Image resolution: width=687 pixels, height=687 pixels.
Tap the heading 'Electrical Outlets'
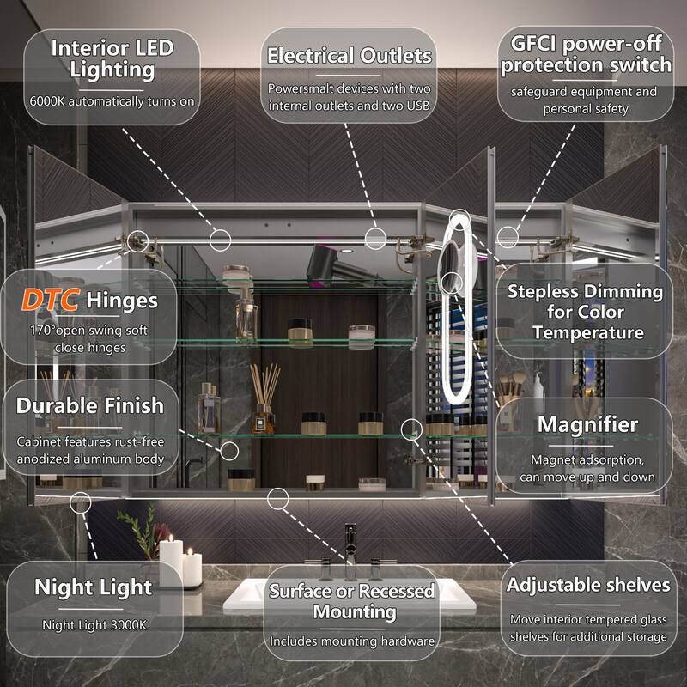tap(350, 56)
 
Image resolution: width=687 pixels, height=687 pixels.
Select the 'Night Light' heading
tap(93, 587)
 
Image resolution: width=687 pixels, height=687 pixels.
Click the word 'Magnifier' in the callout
tap(587, 424)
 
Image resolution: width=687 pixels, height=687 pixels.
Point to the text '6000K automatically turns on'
tap(112, 100)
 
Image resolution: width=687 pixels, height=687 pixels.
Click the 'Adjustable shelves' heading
tap(588, 585)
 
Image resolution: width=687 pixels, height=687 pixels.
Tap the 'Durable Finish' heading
tap(89, 405)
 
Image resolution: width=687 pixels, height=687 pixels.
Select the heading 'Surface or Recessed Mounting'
tap(351, 601)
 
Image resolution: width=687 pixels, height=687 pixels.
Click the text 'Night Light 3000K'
tap(94, 625)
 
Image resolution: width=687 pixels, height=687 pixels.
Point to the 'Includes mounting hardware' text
tap(351, 641)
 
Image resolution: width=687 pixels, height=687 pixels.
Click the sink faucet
tap(350, 550)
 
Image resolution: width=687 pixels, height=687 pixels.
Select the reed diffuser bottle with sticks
tap(264, 399)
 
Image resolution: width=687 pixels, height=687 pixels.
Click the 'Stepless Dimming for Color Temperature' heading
tap(585, 311)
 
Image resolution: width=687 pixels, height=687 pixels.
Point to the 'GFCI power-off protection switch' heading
tap(587, 53)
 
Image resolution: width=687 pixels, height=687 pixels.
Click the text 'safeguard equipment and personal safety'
tap(584, 100)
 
